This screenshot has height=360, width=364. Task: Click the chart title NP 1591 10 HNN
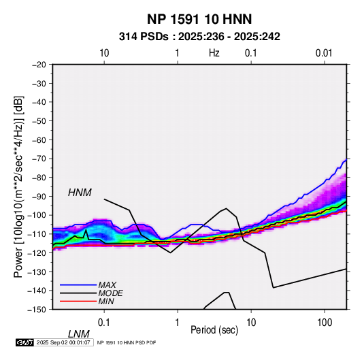click(199, 19)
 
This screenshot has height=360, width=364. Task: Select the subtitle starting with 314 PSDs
click(199, 37)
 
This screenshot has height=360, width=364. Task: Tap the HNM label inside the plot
click(80, 193)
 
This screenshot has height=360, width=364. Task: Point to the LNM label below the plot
click(79, 334)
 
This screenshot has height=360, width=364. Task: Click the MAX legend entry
click(107, 284)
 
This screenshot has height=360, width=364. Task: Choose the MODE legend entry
click(110, 293)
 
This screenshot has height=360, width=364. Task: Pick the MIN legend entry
click(106, 301)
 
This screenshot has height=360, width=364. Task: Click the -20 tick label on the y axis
click(39, 65)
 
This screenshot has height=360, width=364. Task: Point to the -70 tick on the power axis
click(39, 159)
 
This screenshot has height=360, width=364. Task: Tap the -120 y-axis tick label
click(37, 253)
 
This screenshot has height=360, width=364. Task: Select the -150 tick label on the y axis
click(37, 310)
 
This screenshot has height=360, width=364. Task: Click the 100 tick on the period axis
click(325, 323)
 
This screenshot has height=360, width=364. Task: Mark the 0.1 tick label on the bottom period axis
click(104, 323)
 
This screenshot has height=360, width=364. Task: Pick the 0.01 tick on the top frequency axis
click(324, 53)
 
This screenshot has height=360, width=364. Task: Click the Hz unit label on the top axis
click(214, 53)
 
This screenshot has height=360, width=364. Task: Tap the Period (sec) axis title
click(214, 330)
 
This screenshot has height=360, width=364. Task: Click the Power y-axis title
click(18, 187)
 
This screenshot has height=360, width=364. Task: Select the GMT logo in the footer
click(24, 342)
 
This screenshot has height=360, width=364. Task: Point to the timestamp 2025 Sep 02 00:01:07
click(63, 342)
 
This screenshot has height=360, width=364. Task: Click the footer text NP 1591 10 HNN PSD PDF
click(127, 342)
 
